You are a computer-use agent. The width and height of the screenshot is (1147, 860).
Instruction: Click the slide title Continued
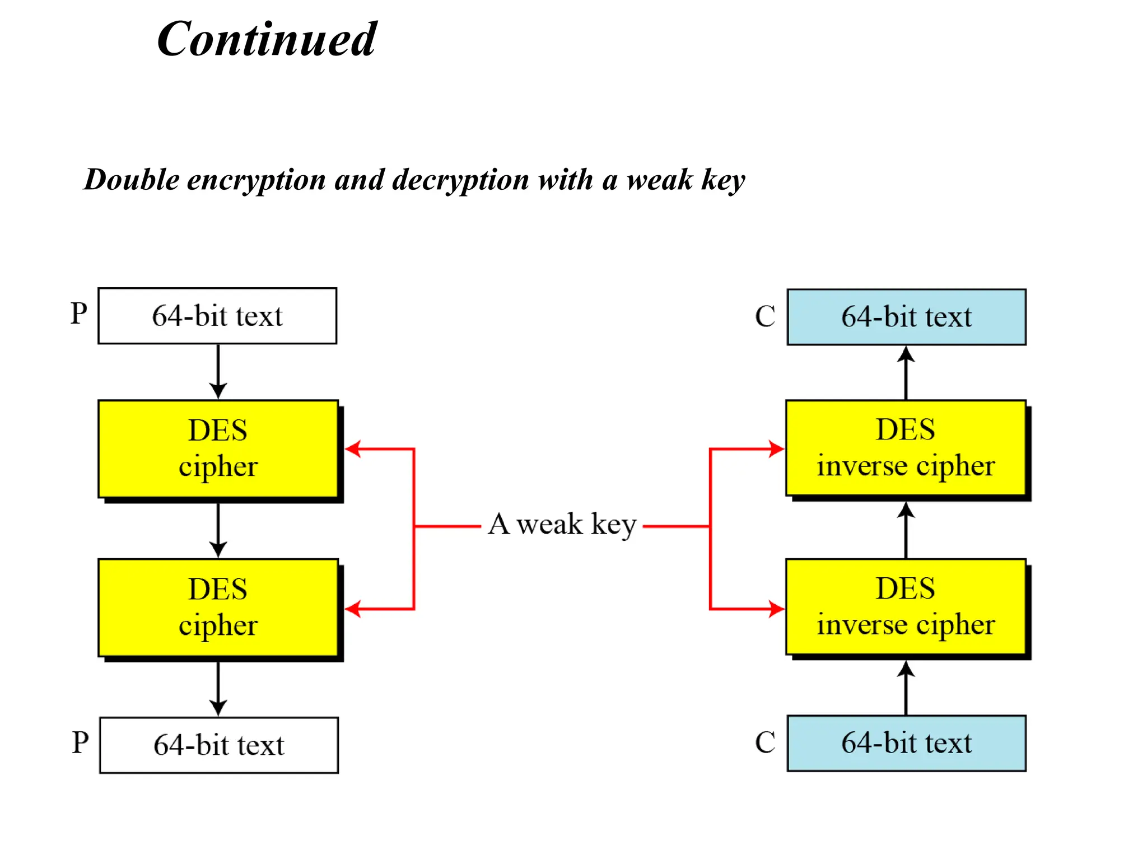pos(267,39)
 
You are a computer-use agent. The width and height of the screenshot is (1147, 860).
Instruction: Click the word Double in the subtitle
pos(132,180)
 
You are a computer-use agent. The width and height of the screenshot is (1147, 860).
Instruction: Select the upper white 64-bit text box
pos(217,316)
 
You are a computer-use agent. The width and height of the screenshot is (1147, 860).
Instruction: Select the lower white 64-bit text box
pos(219,745)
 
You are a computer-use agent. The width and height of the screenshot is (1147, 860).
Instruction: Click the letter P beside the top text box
pos(79,314)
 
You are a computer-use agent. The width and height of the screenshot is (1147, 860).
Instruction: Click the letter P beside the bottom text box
pos(80,743)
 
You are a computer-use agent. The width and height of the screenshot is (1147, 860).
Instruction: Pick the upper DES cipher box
pos(218,448)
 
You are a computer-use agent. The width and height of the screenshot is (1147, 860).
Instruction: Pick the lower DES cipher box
pos(218,607)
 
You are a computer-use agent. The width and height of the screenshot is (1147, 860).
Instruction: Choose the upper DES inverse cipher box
pos(906,448)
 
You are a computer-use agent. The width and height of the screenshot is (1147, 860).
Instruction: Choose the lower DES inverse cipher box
pos(906,607)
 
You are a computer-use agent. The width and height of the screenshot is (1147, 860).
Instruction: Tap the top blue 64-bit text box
pos(906,317)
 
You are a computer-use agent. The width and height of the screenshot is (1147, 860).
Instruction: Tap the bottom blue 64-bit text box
pos(906,744)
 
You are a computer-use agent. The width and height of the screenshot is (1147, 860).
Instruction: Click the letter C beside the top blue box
pos(765,317)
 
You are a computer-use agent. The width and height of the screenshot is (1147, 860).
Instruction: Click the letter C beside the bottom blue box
pos(765,743)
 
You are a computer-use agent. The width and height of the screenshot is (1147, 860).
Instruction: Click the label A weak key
pos(562,525)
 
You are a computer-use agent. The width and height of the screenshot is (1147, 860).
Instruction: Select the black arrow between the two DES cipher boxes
pos(218,529)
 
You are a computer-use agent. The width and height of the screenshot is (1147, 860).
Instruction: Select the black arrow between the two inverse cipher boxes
pos(906,529)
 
